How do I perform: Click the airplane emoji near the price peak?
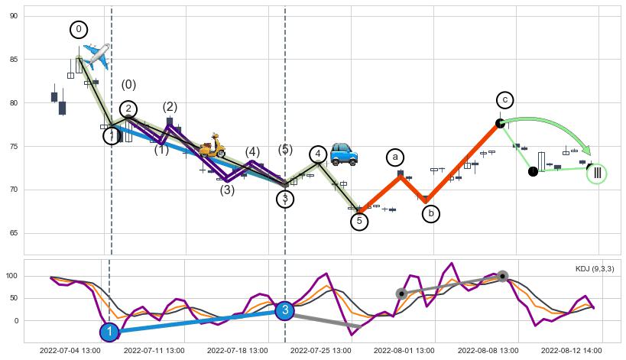click(97, 54)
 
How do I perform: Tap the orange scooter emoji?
click(212, 145)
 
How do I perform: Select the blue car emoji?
click(345, 153)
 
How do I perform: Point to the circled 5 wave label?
click(359, 222)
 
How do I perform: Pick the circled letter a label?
click(394, 157)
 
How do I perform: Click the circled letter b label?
click(430, 213)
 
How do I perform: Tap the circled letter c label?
click(504, 100)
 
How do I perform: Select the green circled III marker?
click(597, 174)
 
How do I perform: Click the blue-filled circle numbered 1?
click(109, 332)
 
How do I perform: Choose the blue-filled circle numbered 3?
click(284, 310)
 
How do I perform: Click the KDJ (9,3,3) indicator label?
click(595, 269)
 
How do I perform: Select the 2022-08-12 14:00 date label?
click(570, 350)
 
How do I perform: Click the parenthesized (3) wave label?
click(227, 190)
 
